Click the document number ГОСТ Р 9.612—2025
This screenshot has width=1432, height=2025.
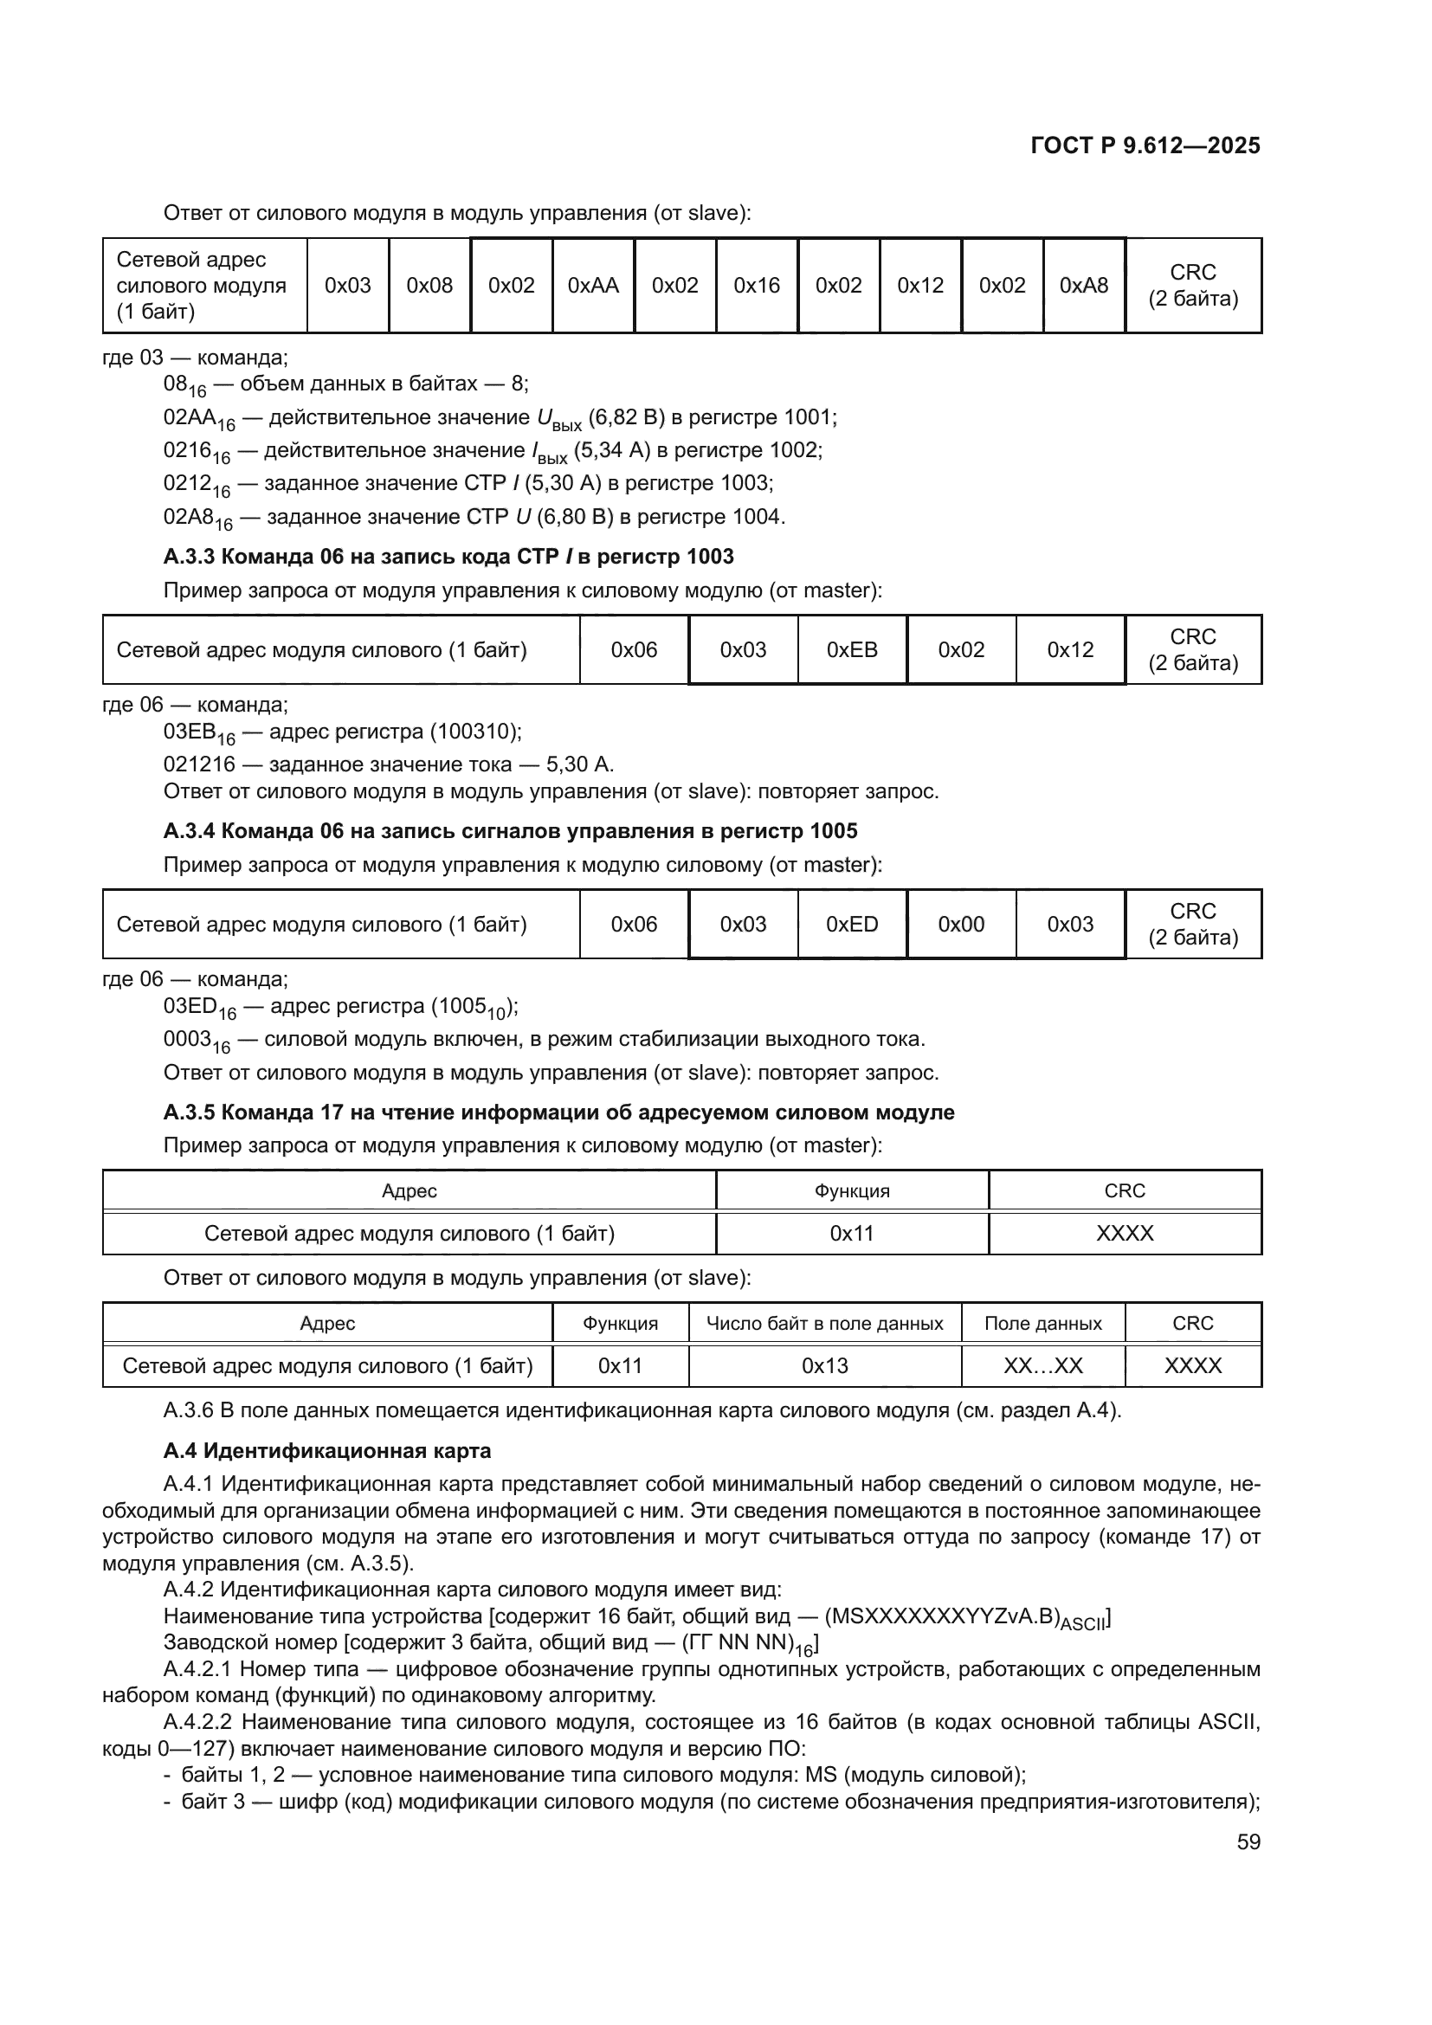coord(1145,145)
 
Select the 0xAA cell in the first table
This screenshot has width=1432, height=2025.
coord(592,286)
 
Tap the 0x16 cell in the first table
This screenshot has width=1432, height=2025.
coord(757,286)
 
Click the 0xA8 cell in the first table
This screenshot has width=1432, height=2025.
coord(1084,286)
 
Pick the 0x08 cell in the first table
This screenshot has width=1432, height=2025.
coord(429,286)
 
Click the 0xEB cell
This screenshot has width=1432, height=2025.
coord(852,650)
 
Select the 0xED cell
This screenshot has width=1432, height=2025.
coord(852,925)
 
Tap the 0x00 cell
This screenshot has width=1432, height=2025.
coord(961,925)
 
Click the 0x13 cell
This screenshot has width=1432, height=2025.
coord(824,1366)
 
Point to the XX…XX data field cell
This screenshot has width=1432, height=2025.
coord(1042,1366)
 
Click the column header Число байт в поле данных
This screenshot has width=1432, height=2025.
coord(824,1324)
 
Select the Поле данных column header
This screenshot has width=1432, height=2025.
coord(1042,1324)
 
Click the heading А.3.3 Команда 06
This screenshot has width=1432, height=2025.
coord(448,557)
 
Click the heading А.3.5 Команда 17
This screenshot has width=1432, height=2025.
coord(558,1112)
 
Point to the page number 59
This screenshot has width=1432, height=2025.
coord(1248,1842)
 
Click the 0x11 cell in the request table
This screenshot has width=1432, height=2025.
coord(851,1233)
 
